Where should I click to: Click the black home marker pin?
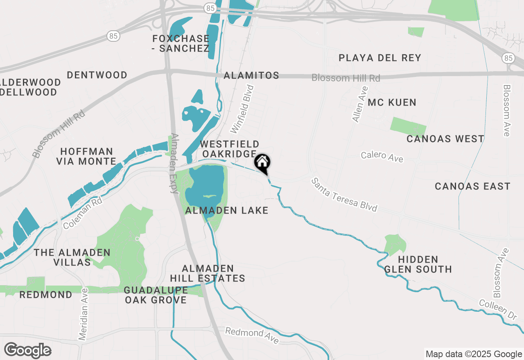[x=262, y=163]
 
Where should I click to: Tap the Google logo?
[x=27, y=351]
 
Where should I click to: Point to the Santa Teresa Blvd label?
[x=344, y=195]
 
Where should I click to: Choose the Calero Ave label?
[x=382, y=156]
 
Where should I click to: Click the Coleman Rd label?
[x=82, y=214]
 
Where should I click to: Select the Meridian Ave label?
[x=84, y=314]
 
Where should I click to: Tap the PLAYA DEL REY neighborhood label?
[x=380, y=58]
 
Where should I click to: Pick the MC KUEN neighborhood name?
[x=392, y=102]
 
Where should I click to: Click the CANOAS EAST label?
[x=472, y=187]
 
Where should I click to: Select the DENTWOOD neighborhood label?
[x=97, y=75]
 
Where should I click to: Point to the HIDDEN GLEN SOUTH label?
[x=418, y=264]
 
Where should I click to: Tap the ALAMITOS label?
[x=251, y=75]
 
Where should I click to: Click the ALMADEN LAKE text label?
[x=227, y=210]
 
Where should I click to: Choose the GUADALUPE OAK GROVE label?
[x=156, y=295]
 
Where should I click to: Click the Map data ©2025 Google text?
[x=474, y=354]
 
